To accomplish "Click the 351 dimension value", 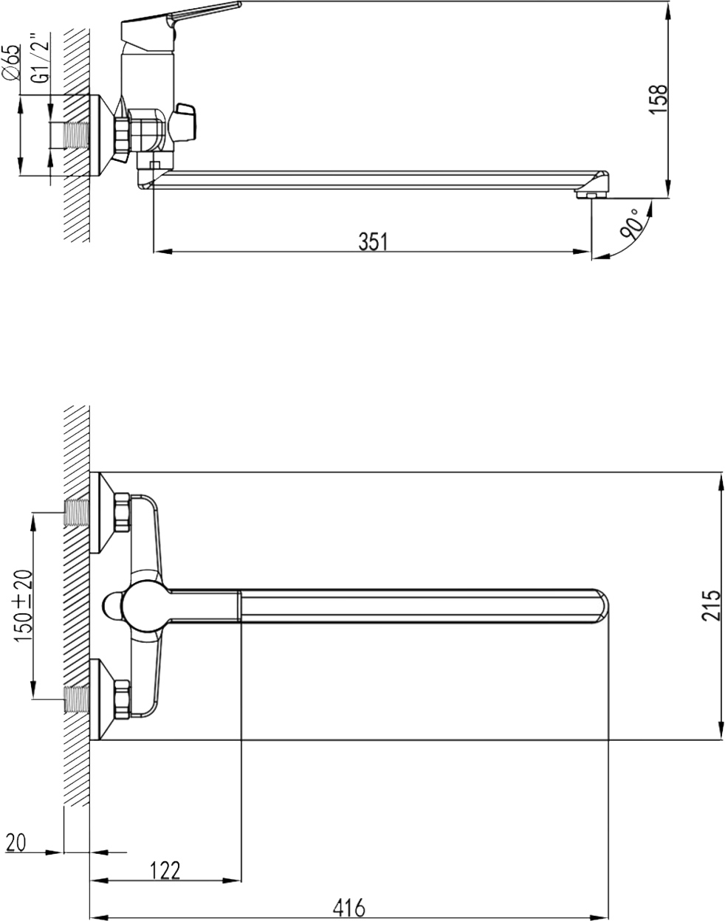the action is [x=373, y=242].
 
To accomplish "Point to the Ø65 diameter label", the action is [x=12, y=61].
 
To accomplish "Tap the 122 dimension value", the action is [x=165, y=870].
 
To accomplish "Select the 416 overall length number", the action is [x=349, y=908].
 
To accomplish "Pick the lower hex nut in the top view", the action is [x=122, y=698].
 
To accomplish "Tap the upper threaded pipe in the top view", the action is [x=77, y=512].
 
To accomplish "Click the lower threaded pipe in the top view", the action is [x=77, y=700].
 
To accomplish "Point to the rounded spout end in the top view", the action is [x=600, y=605].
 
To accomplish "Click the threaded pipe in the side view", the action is [x=77, y=135].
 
